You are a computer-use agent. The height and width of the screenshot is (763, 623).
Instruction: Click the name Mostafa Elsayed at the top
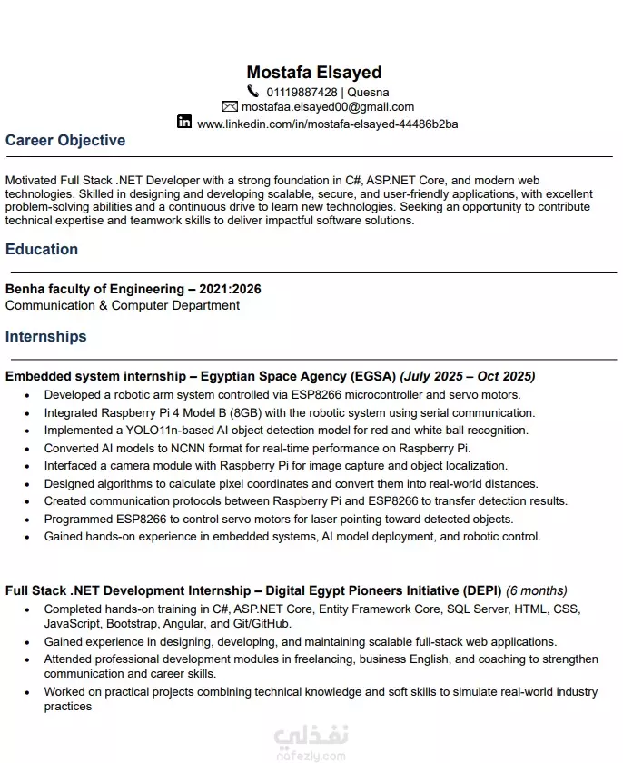[x=313, y=72]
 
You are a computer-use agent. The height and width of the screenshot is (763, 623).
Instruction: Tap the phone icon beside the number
[x=252, y=91]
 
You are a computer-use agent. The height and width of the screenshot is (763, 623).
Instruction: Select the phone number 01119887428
[x=302, y=92]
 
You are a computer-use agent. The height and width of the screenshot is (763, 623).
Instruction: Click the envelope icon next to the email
[x=230, y=106]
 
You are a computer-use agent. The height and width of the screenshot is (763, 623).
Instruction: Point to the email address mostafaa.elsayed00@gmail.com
[x=328, y=106]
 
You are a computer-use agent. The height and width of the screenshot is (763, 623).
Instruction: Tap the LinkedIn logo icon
[x=184, y=122]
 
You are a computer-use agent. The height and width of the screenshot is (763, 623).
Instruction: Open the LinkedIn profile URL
[x=328, y=124]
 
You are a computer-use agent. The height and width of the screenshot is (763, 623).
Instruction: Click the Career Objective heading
[x=65, y=140]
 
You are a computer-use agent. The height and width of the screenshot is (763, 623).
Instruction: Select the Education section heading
[x=42, y=249]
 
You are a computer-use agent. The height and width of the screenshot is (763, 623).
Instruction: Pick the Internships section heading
[x=46, y=336]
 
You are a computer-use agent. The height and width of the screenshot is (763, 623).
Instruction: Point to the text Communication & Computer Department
[x=123, y=305]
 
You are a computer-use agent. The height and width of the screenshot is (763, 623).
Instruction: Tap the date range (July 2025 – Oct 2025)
[x=468, y=376]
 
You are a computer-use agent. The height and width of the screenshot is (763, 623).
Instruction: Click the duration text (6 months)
[x=537, y=590]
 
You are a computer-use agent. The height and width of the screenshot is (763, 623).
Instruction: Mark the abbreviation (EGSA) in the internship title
[x=373, y=376]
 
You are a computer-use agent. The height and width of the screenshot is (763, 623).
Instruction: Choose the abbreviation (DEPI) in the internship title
[x=480, y=590]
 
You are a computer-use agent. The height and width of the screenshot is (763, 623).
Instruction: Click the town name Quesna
[x=369, y=92]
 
